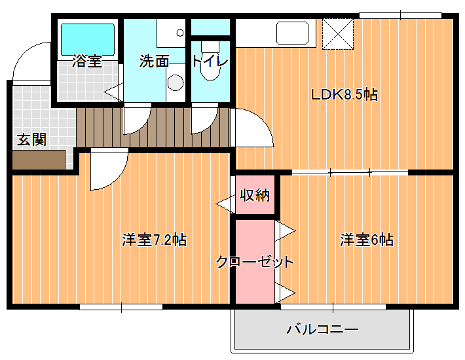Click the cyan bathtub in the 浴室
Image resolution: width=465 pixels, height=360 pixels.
click(x=88, y=39)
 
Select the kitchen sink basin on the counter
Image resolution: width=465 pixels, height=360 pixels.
click(x=292, y=33)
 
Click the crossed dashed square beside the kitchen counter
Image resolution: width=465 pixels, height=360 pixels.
click(x=338, y=34)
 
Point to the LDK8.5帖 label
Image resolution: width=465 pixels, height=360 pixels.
click(x=344, y=95)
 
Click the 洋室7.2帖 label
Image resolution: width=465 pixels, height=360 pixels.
click(x=154, y=240)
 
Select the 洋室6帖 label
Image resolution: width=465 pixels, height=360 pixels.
click(x=367, y=240)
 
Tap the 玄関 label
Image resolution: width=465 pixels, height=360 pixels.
click(x=31, y=139)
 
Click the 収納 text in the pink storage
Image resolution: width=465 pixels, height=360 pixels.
click(x=255, y=195)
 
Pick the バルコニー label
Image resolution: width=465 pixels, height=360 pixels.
click(x=322, y=329)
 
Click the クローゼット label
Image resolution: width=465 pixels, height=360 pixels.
click(x=255, y=262)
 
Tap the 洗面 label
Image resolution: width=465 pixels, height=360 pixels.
click(x=154, y=61)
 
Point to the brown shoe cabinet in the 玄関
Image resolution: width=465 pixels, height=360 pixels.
click(x=39, y=160)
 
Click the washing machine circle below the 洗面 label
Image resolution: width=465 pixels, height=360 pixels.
click(x=176, y=82)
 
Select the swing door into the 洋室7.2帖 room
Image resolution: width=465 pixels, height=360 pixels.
click(x=109, y=169)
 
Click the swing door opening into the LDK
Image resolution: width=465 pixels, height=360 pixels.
click(x=251, y=128)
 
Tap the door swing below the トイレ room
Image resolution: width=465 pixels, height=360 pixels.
click(x=204, y=118)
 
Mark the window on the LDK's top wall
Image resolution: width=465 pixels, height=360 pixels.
click(x=400, y=16)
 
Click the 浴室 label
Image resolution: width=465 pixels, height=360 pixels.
click(x=87, y=61)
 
